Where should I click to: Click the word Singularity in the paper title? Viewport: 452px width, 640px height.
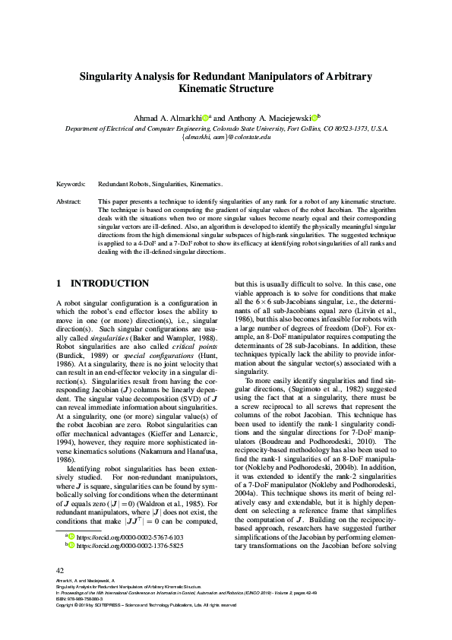click(x=109, y=77)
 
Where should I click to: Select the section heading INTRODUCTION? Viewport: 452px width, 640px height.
click(x=110, y=284)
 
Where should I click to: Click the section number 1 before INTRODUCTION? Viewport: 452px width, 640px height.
click(x=59, y=284)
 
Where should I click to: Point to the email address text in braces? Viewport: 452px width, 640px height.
click(x=226, y=138)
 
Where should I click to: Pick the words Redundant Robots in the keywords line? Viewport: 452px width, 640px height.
click(x=123, y=185)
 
